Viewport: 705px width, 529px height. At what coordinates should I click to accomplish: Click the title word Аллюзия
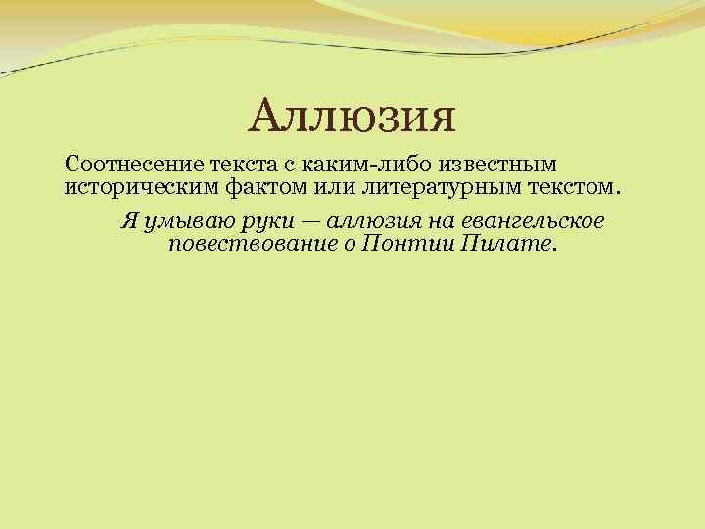coord(352,119)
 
